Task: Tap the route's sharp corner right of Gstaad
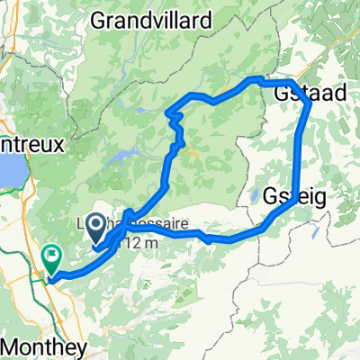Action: (310, 104)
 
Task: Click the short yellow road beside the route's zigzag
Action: (191, 152)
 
